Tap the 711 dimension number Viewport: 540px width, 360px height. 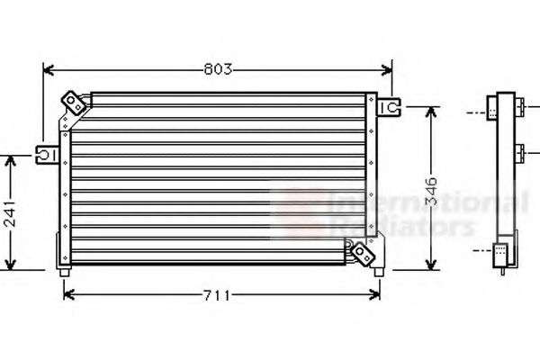click(x=218, y=294)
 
